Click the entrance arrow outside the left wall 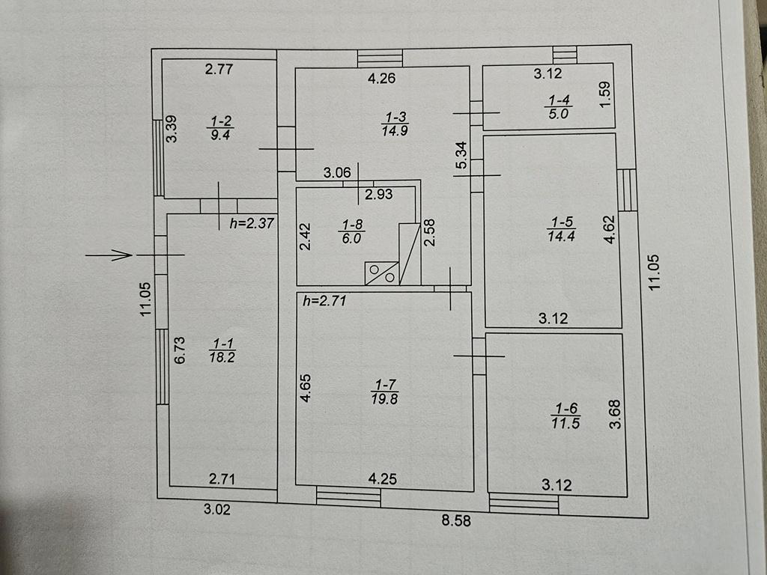(x=109, y=255)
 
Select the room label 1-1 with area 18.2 (x=222, y=350)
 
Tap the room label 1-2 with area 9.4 (x=221, y=128)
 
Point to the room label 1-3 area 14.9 (x=395, y=124)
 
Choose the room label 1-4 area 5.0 (x=559, y=107)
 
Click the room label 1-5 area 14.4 (x=562, y=229)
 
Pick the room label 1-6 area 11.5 (x=566, y=416)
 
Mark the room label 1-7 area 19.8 (x=384, y=392)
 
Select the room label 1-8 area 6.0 (x=352, y=231)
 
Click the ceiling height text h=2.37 (x=252, y=223)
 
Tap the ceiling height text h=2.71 (x=324, y=300)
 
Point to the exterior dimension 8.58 (x=456, y=520)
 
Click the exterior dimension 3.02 (x=216, y=509)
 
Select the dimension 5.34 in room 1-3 (x=461, y=155)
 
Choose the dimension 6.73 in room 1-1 (x=180, y=350)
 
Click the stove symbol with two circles (x=381, y=273)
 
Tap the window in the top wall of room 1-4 (x=565, y=54)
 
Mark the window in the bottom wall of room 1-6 (x=524, y=504)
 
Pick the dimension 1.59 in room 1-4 (x=605, y=94)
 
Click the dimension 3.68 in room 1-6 (x=615, y=414)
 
